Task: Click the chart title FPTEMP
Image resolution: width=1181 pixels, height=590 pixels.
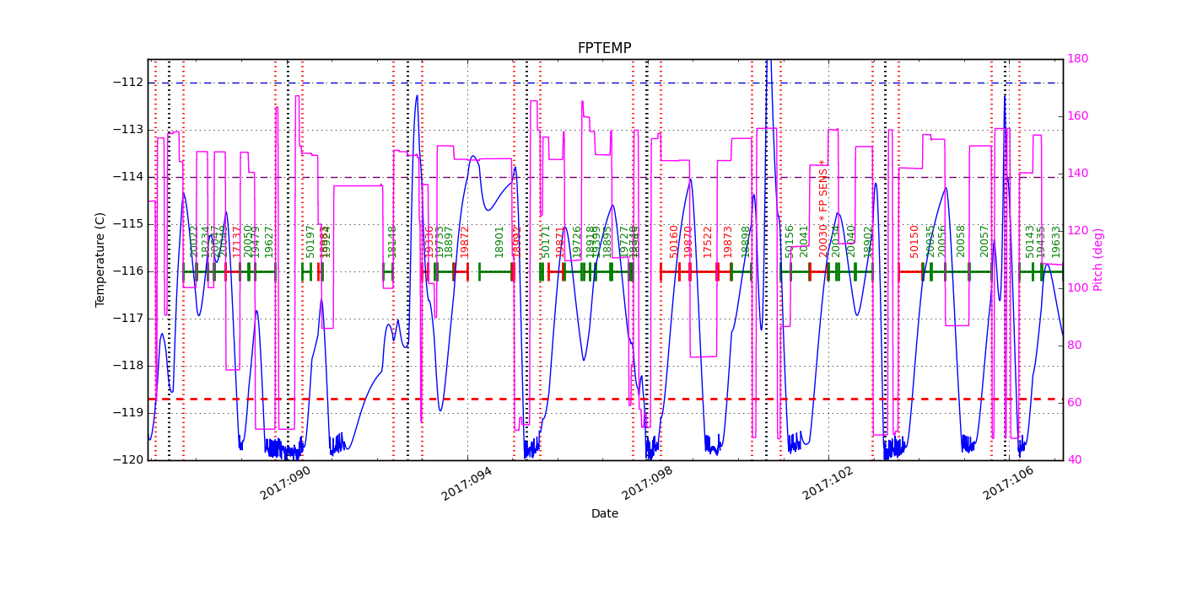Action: click(604, 48)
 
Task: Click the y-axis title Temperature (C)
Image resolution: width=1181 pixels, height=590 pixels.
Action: click(100, 259)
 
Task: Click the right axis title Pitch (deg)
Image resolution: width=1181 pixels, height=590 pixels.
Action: click(1098, 259)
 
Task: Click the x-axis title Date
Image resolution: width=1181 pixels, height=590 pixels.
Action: click(604, 513)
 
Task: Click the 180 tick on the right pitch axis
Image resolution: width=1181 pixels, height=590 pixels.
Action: click(1077, 59)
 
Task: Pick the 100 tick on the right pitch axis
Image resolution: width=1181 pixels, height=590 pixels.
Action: click(1077, 288)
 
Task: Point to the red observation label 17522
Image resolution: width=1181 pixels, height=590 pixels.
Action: click(708, 241)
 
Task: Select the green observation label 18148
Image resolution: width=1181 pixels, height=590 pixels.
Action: click(391, 241)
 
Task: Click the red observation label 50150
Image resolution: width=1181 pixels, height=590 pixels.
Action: click(914, 241)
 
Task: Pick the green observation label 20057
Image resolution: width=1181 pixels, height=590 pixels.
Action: click(984, 241)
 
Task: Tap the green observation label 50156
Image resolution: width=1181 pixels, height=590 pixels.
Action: click(790, 241)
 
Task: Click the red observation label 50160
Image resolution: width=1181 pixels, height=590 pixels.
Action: click(674, 241)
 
